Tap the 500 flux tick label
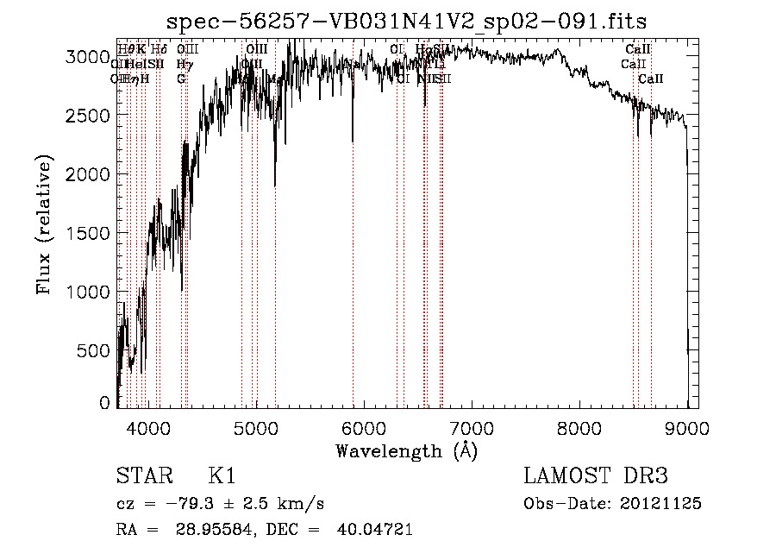click(95, 350)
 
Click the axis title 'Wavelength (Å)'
click(406, 450)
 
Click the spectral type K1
click(222, 476)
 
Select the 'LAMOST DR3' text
click(596, 476)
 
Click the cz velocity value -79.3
click(178, 503)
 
